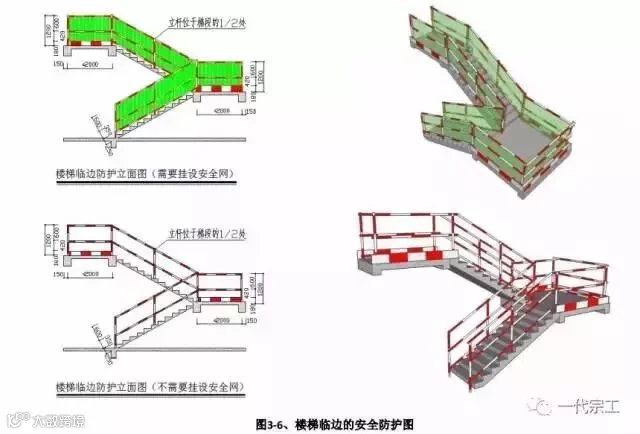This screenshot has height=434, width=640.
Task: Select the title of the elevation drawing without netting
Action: click(149, 385)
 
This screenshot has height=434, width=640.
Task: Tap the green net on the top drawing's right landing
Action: click(222, 73)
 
